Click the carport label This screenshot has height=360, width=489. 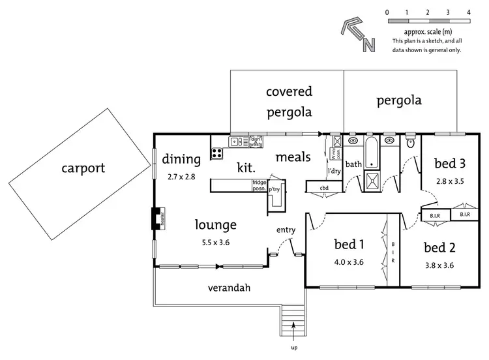pyautogui.click(x=83, y=168)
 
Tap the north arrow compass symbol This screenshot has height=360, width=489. pyautogui.click(x=358, y=35)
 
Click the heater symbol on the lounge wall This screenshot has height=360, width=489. pyautogui.click(x=155, y=218)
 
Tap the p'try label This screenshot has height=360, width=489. pyautogui.click(x=274, y=189)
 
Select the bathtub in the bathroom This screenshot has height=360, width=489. pyautogui.click(x=370, y=152)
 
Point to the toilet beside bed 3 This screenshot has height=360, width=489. pyautogui.click(x=410, y=143)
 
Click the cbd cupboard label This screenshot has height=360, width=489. pyautogui.click(x=324, y=188)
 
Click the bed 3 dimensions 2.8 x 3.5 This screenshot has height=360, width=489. pyautogui.click(x=449, y=181)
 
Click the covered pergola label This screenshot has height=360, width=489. pyautogui.click(x=289, y=101)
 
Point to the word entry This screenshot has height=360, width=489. pyautogui.click(x=286, y=230)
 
